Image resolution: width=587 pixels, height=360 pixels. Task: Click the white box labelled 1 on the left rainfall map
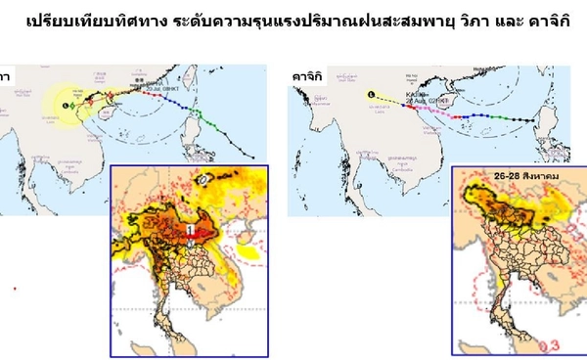coord(192,230)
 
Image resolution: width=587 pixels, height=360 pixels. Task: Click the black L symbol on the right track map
coord(370,93)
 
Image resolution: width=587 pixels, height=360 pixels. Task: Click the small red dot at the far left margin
coord(14,289)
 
